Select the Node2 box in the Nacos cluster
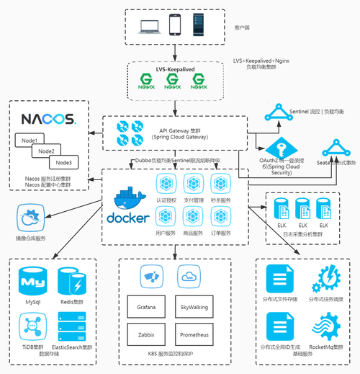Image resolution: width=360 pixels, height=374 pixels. tap(47, 151)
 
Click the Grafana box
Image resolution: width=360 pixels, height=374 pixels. tap(146, 307)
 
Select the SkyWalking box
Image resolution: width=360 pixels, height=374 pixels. tap(194, 307)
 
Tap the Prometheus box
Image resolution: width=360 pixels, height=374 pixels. tap(194, 335)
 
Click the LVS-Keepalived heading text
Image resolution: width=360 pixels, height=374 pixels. tap(177, 69)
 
